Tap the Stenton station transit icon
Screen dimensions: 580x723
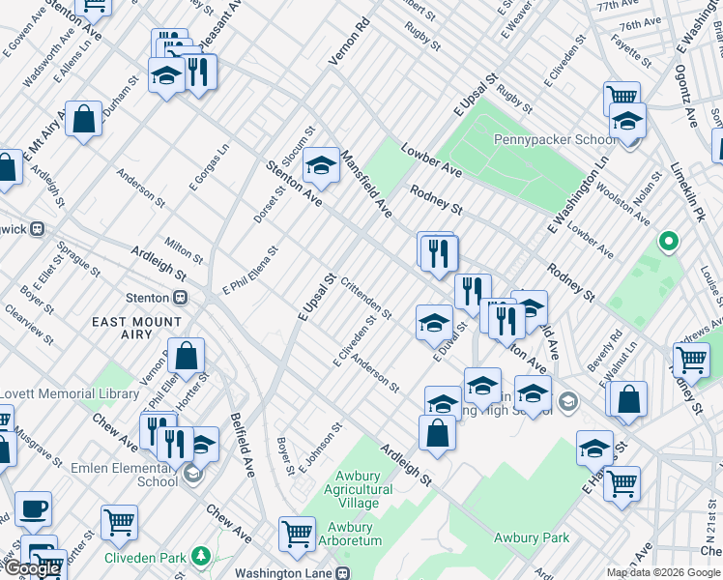point(180,298)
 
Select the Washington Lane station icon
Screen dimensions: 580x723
point(342,573)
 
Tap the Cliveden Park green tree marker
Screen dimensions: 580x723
point(200,557)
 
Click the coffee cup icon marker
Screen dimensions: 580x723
point(34,507)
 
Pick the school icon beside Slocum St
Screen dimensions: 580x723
point(321,165)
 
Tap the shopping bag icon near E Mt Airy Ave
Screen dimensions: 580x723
point(84,118)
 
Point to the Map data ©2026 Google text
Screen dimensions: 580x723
point(663,572)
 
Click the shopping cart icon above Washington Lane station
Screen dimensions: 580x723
point(297,533)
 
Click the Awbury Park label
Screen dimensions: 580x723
point(531,537)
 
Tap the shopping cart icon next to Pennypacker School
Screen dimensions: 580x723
point(622,97)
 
